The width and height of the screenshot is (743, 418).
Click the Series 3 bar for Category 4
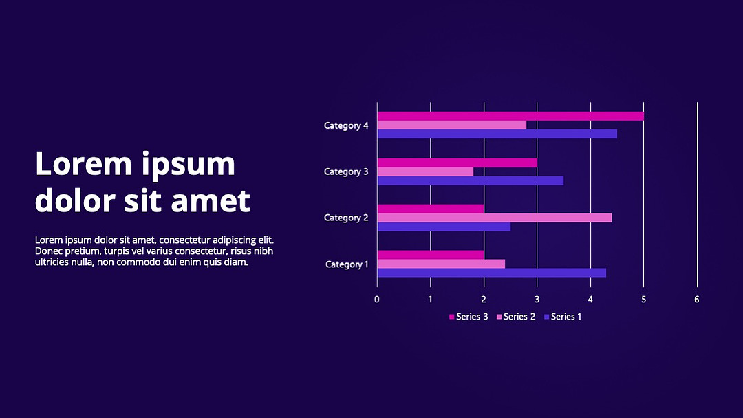tap(510, 116)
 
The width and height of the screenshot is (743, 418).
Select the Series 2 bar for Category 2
tap(495, 218)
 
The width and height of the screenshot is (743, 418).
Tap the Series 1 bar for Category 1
tap(492, 273)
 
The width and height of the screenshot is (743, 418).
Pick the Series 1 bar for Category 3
tap(471, 181)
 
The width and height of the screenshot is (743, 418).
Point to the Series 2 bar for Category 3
tap(426, 171)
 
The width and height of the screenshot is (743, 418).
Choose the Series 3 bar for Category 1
tap(431, 255)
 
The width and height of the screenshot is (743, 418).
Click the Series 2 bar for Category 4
tap(452, 125)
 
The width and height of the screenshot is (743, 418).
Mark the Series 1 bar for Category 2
tap(444, 227)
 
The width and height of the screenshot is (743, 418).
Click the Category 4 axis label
tap(346, 126)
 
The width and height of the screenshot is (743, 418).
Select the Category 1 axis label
tap(347, 264)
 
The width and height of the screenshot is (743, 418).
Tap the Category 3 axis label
tap(346, 171)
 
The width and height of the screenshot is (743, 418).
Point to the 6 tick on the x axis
tap(696, 300)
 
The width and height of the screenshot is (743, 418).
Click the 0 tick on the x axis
tap(377, 300)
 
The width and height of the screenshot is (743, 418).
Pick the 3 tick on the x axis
tap(537, 300)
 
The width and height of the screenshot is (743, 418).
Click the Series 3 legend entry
tap(469, 317)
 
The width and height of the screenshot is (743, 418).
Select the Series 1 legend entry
tap(563, 317)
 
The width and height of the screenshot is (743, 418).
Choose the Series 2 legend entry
tap(515, 317)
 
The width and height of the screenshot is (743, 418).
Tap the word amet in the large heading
tap(211, 200)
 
